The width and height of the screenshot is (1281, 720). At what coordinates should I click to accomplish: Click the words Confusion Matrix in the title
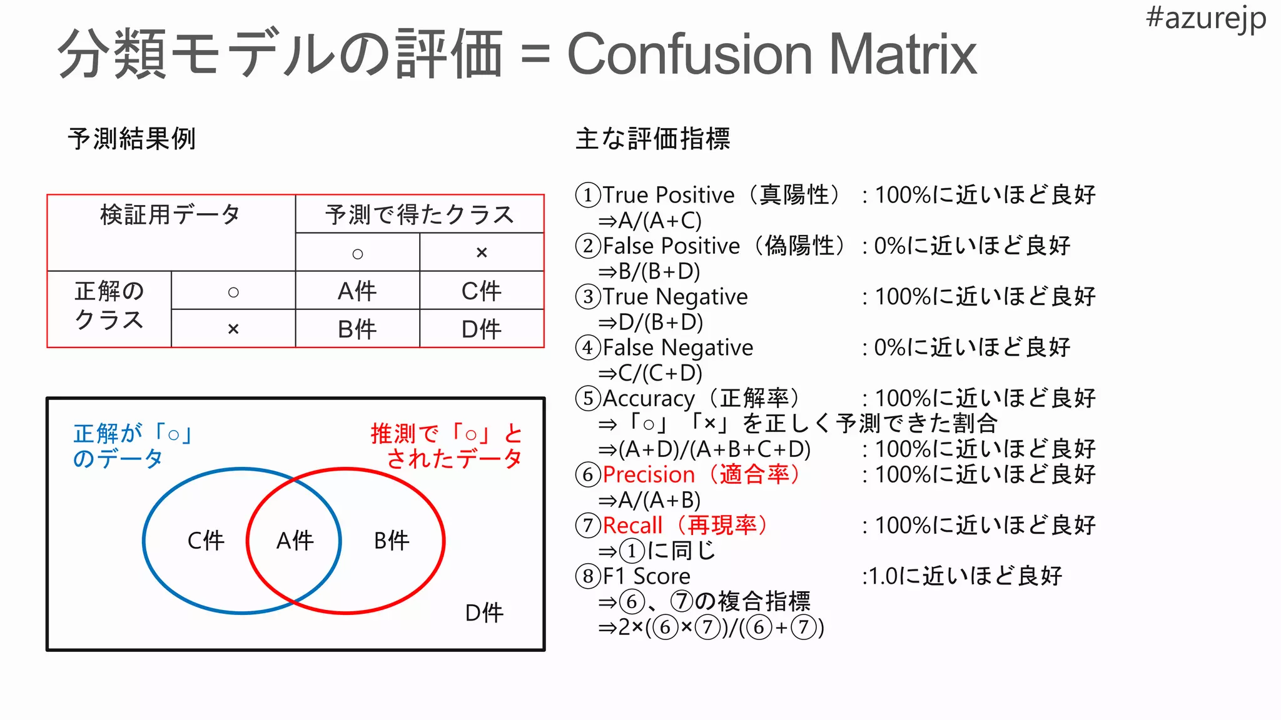tap(771, 55)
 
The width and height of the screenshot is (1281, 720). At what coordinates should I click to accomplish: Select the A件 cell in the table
tap(357, 291)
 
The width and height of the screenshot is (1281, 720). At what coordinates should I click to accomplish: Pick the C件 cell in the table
tap(481, 291)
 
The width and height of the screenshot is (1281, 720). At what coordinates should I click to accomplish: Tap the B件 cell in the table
tap(357, 329)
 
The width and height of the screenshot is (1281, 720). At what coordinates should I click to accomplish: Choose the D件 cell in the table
tap(481, 329)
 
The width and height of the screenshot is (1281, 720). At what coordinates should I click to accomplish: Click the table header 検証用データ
tap(170, 215)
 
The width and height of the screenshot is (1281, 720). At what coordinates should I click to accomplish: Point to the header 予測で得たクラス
tap(419, 215)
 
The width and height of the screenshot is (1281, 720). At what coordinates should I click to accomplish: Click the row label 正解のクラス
tap(109, 306)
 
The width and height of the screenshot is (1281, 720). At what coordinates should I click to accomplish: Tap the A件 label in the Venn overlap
tap(295, 541)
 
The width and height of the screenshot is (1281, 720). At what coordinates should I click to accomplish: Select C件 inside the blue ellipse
tap(206, 541)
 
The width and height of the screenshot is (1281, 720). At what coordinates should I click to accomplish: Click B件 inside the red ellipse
tap(392, 541)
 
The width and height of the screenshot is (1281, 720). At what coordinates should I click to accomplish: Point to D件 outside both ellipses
tap(484, 613)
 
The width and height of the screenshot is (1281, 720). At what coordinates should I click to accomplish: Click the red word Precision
tap(649, 475)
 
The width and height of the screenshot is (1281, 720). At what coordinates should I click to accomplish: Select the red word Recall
tap(632, 526)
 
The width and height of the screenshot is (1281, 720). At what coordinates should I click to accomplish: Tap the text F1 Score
tap(647, 576)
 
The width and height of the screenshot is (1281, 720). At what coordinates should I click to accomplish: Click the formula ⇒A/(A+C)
tap(650, 221)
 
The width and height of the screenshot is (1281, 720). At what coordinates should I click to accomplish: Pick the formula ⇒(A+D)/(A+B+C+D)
tap(704, 449)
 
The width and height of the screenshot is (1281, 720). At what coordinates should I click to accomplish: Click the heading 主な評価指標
tap(652, 139)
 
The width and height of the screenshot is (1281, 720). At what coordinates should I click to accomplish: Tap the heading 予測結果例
tap(132, 139)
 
